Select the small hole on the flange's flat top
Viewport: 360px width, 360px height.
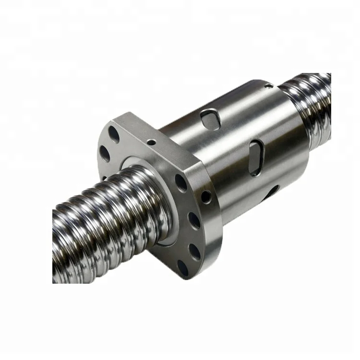[x=151, y=142]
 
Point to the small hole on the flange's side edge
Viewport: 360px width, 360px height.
[x=205, y=196]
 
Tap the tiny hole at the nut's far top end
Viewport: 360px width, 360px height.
[x=269, y=86]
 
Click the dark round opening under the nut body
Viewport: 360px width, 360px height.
[x=272, y=192]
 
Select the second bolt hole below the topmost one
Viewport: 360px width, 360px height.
[x=104, y=153]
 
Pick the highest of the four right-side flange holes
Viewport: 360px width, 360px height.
[x=181, y=182]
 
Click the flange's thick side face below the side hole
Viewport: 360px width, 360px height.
[x=211, y=230]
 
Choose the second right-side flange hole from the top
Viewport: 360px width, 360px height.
[x=194, y=220]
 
